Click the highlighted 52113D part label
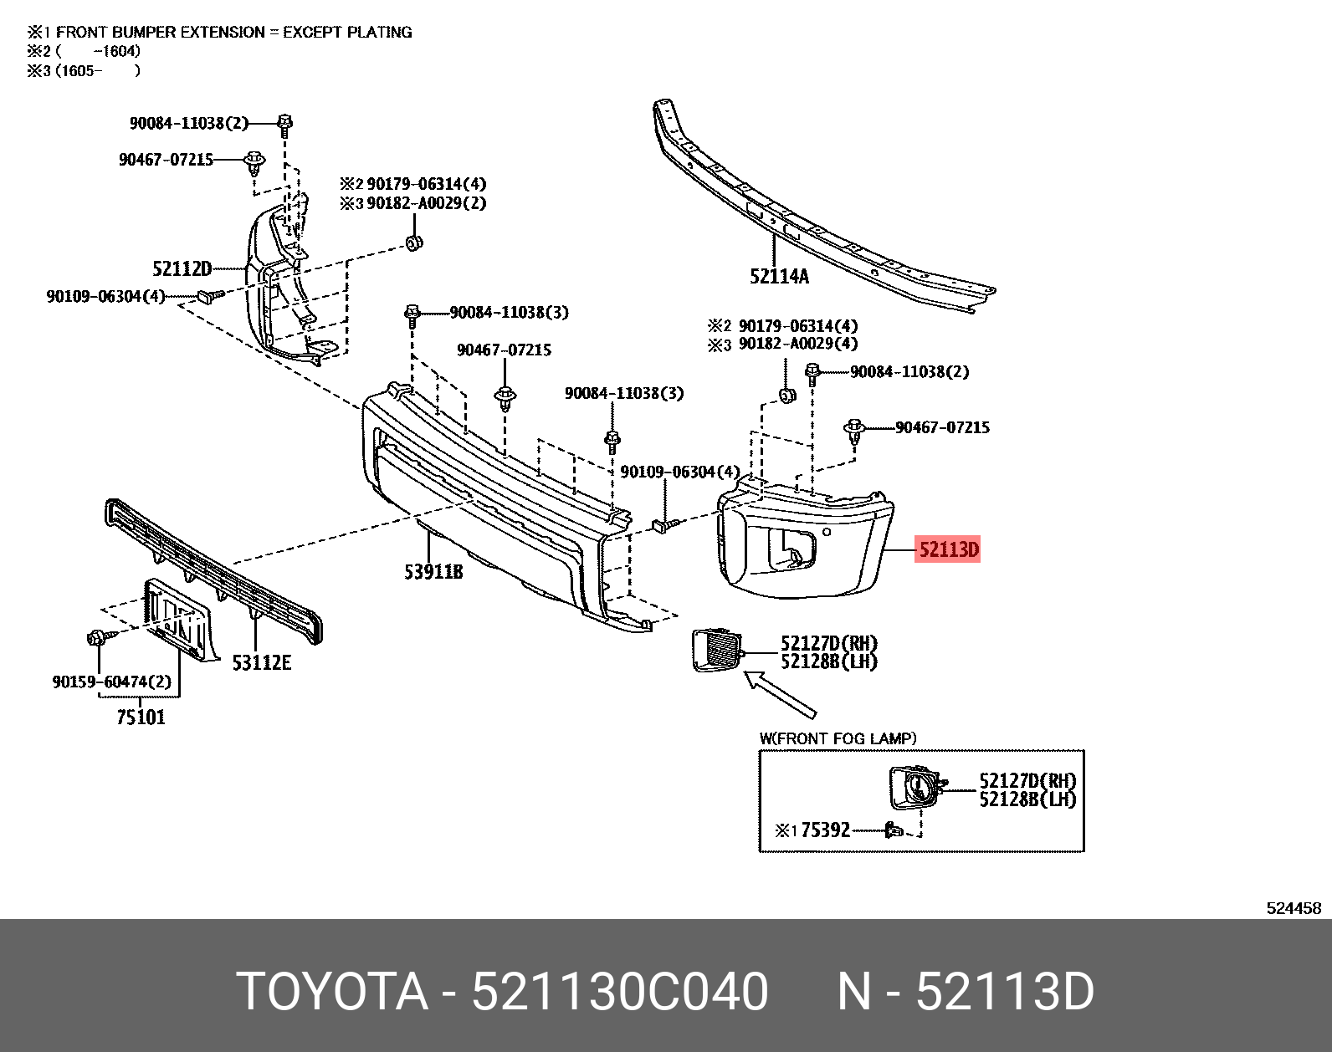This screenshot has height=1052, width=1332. (x=948, y=549)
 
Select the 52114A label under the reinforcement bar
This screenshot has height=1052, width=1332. (x=779, y=276)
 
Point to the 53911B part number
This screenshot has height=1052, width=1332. (x=433, y=572)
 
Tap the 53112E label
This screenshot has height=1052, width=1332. (x=261, y=663)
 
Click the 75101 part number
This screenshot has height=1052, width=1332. (x=141, y=718)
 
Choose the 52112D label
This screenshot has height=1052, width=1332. (x=182, y=268)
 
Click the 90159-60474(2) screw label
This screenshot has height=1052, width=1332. (x=111, y=682)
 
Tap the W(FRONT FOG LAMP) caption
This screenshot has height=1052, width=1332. (x=838, y=738)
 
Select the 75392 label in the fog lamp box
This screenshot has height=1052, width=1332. (x=826, y=830)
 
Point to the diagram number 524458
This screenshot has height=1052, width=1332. (x=1294, y=908)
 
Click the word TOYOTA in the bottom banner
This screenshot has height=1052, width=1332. (x=332, y=992)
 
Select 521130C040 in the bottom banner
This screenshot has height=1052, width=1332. (x=620, y=992)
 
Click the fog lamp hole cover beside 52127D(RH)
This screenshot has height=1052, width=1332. (x=717, y=650)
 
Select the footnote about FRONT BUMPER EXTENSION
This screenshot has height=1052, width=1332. (x=219, y=32)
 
